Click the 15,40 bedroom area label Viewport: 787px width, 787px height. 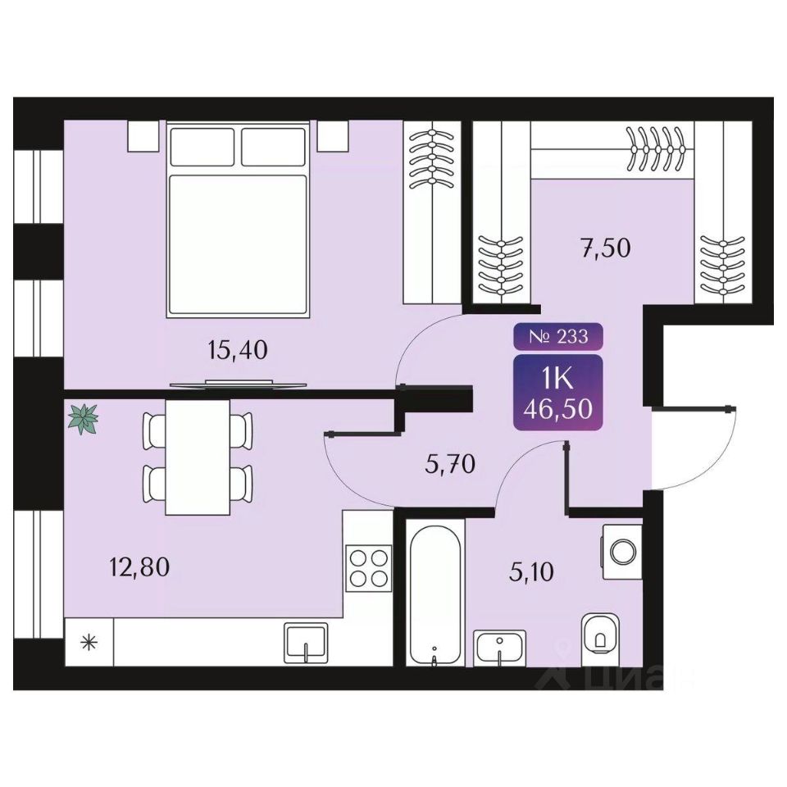(x=239, y=351)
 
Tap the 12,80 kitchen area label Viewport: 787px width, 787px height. (x=139, y=566)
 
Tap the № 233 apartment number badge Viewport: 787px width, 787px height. (x=557, y=335)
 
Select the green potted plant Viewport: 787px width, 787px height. (x=83, y=419)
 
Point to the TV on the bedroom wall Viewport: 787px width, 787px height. (x=238, y=384)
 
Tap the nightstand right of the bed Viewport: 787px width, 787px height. (x=331, y=135)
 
